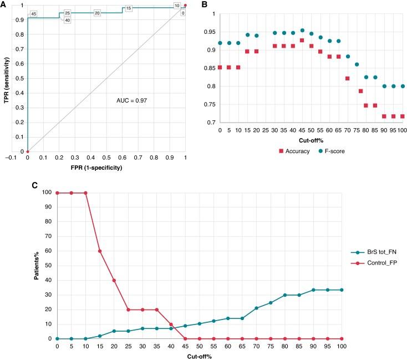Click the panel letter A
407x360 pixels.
pyautogui.click(x=3, y=4)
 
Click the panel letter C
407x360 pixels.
pyautogui.click(x=3, y=184)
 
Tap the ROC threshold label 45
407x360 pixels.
pyautogui.click(x=33, y=14)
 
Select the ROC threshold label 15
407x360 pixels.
pyautogui.click(x=128, y=9)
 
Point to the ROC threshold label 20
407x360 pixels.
pyautogui.click(x=97, y=13)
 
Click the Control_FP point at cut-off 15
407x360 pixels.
pyautogui.click(x=100, y=251)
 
